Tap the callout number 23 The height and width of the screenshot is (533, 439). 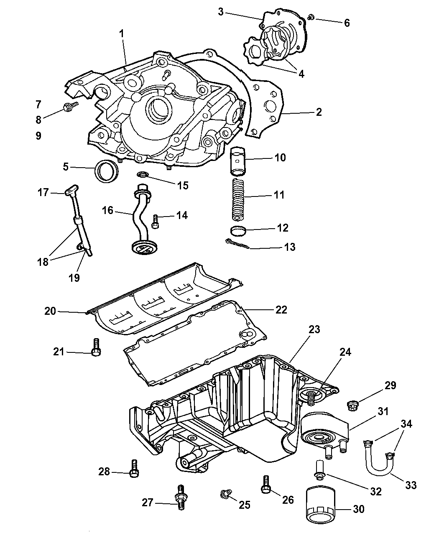(314, 329)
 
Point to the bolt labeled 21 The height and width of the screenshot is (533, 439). (96, 348)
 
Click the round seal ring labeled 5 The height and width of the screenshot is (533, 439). (107, 171)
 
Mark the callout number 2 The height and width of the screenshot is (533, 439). (319, 112)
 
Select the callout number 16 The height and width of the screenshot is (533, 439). (108, 210)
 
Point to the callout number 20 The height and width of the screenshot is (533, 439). (50, 311)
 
